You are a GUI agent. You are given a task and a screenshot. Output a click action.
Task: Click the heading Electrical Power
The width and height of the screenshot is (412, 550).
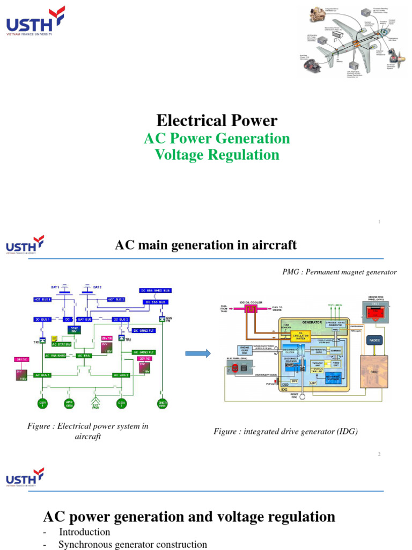click(216, 120)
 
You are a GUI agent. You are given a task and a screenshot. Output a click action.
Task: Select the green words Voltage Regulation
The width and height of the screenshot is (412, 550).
click(217, 155)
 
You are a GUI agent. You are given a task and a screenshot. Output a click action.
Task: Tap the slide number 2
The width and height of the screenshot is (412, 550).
click(379, 454)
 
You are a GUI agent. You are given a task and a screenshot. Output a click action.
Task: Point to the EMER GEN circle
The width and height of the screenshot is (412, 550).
click(162, 403)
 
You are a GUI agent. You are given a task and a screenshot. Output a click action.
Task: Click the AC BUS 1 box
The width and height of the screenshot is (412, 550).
click(43, 374)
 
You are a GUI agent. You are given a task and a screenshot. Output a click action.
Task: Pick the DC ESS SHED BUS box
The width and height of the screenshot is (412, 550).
click(155, 291)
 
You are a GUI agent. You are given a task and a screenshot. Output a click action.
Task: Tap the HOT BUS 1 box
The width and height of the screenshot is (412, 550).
click(43, 299)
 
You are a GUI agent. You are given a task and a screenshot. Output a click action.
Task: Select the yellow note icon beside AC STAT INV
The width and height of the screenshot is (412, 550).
click(55, 339)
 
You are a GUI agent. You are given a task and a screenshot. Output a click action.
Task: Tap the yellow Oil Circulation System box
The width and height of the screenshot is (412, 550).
click(300, 335)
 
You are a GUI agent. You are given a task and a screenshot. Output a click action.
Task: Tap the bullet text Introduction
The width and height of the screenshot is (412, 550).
click(84, 532)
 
